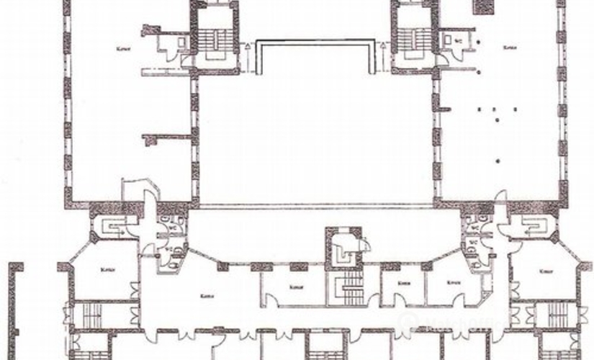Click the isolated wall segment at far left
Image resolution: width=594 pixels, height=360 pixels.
[x=12, y=310]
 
